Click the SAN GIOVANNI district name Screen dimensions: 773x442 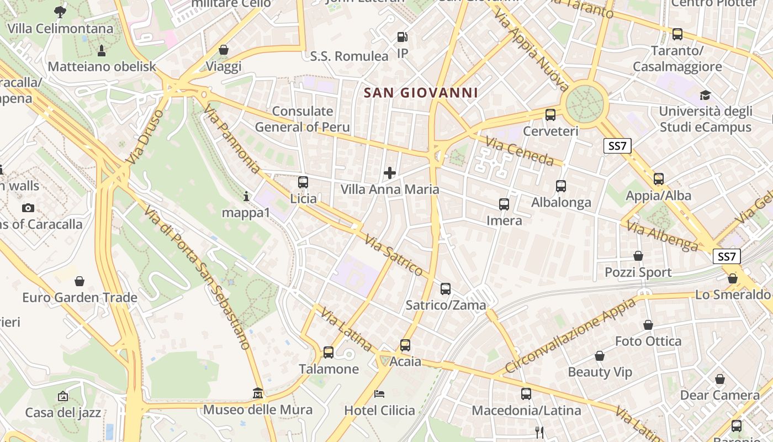pyautogui.click(x=421, y=92)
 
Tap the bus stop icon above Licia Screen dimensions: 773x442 pyautogui.click(x=303, y=182)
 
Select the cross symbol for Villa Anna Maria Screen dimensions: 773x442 pyautogui.click(x=390, y=173)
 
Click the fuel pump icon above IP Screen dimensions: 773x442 pyautogui.click(x=403, y=38)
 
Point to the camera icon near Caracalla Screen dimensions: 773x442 pyautogui.click(x=28, y=208)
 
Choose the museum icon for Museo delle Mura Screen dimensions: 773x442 pyautogui.click(x=257, y=393)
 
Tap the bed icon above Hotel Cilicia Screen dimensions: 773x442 pyautogui.click(x=379, y=394)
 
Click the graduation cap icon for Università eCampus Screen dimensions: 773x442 pyautogui.click(x=705, y=95)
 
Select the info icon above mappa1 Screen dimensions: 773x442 pyautogui.click(x=246, y=196)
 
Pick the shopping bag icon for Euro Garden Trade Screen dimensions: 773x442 pyautogui.click(x=80, y=281)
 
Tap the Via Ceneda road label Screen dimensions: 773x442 pyautogui.click(x=520, y=151)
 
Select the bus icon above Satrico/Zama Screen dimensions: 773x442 pyautogui.click(x=446, y=289)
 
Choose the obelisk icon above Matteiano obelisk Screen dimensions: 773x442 pyautogui.click(x=102, y=51)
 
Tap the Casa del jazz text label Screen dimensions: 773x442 pyautogui.click(x=63, y=412)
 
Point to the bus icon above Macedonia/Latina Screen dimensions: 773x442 pyautogui.click(x=526, y=394)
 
